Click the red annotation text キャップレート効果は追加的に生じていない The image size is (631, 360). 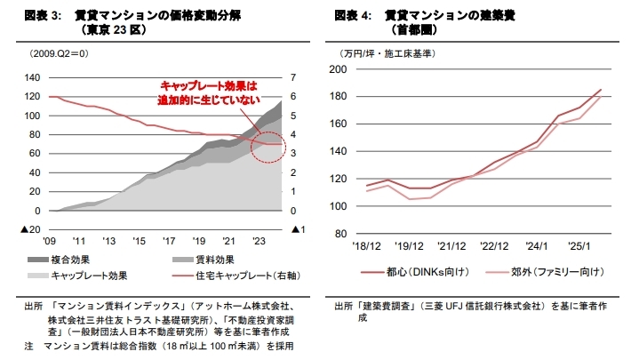[209, 92]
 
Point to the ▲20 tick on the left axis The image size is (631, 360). [29, 229]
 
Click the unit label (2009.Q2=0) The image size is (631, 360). [59, 54]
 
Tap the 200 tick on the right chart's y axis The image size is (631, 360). [339, 69]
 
